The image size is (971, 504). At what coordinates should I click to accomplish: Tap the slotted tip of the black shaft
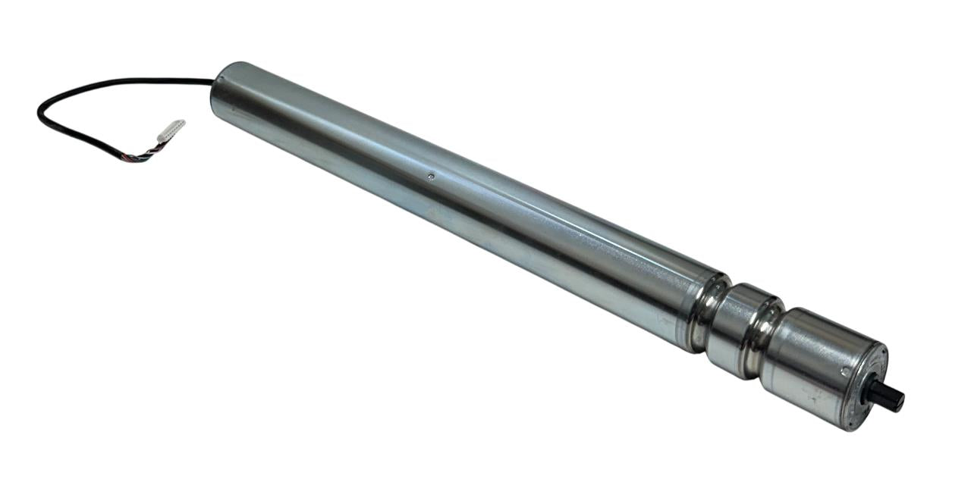pos(900,400)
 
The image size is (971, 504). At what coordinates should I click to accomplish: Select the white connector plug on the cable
pos(171,130)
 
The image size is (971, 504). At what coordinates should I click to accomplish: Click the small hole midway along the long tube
pos(431,177)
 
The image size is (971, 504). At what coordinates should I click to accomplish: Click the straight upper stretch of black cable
pos(152,80)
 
